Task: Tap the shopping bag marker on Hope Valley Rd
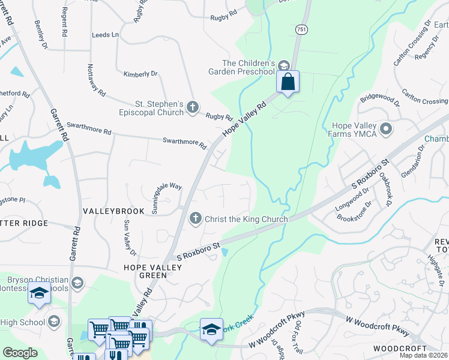pyautogui.click(x=288, y=82)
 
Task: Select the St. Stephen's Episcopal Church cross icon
pyautogui.click(x=192, y=107)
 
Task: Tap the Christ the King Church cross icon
pyautogui.click(x=195, y=219)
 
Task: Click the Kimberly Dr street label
pyautogui.click(x=140, y=74)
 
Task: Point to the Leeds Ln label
pyautogui.click(x=105, y=35)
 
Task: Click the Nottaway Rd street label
pyautogui.click(x=96, y=81)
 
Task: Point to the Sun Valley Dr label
pyautogui.click(x=127, y=235)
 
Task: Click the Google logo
pyautogui.click(x=20, y=353)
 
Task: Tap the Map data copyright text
pyautogui.click(x=424, y=355)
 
